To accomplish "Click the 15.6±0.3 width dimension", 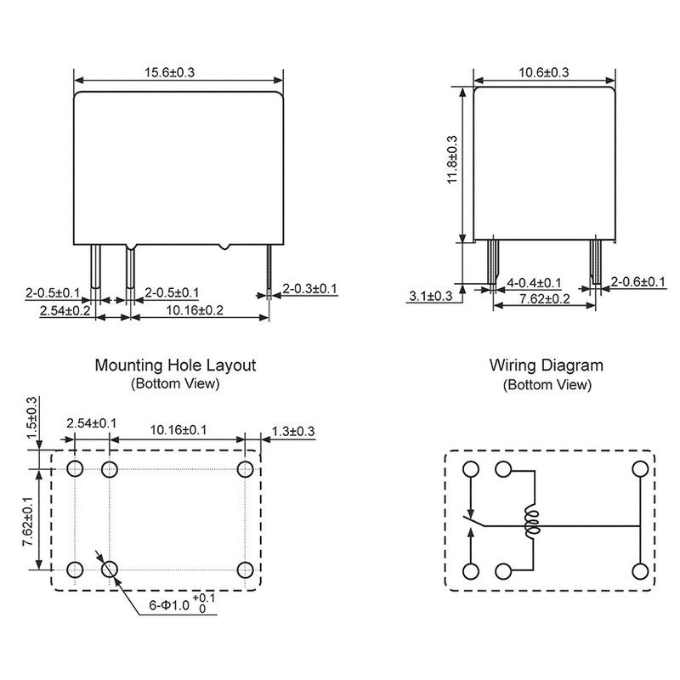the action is click(x=169, y=72).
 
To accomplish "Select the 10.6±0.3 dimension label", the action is click(x=543, y=72).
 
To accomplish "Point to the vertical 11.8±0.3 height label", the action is click(x=452, y=160).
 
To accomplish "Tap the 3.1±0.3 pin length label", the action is click(x=431, y=296).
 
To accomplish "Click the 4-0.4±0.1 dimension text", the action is click(x=534, y=283).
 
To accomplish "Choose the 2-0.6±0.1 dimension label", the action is click(x=638, y=282).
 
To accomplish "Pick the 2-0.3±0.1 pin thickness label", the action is click(x=309, y=288).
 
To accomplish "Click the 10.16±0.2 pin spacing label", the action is click(x=195, y=310).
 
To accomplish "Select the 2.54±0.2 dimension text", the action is click(x=65, y=310).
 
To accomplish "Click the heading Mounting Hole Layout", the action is click(x=175, y=365).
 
